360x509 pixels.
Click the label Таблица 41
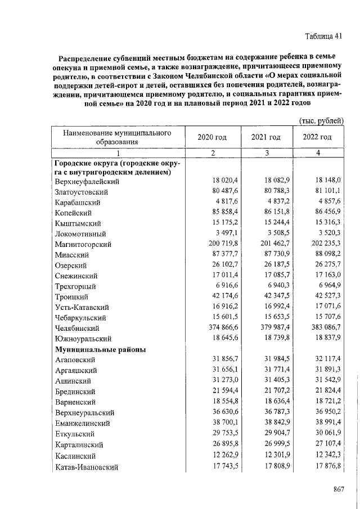coord(323,37)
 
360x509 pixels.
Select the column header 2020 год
coord(212,137)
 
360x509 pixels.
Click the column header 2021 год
coord(266,137)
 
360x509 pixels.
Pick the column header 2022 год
coord(317,137)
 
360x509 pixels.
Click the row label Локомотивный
coord(82,234)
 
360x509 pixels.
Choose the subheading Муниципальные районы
coord(101,349)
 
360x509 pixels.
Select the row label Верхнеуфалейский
coord(87,182)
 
